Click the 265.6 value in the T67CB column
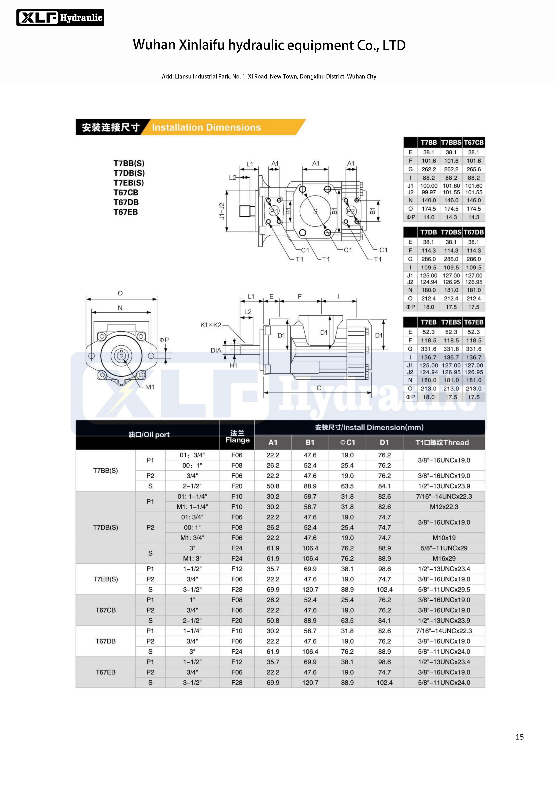pos(473,169)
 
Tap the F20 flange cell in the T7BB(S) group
pos(237,486)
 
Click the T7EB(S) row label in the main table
pos(105,579)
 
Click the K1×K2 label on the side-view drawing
pos(211,325)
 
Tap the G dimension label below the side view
pos(319,388)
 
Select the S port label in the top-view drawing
pos(315,211)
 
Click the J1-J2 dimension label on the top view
pos(222,211)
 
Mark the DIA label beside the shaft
pos(216,350)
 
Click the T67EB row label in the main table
pos(105,672)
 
